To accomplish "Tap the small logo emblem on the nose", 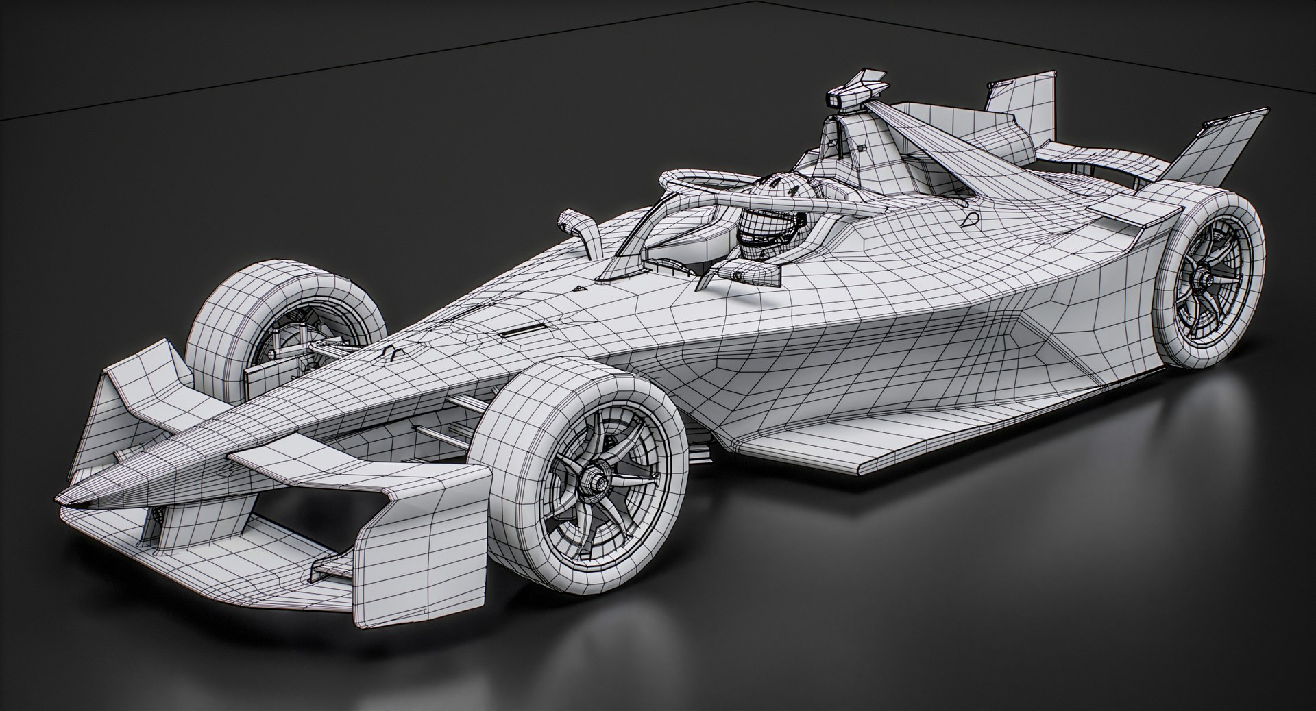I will (391, 353).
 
